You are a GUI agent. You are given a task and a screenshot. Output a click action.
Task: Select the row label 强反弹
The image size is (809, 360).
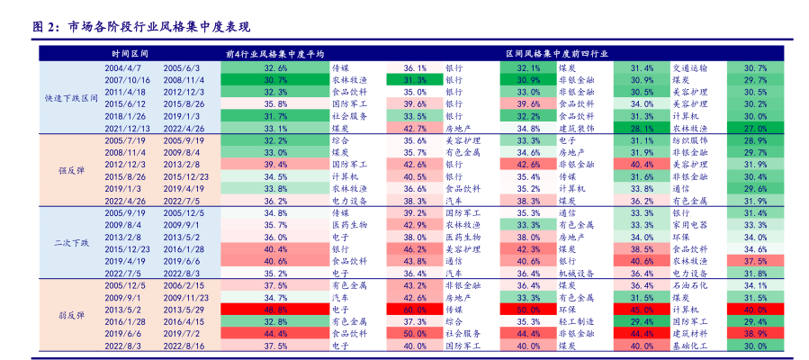(72, 170)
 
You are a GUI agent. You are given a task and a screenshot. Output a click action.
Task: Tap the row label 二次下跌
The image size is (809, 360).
(72, 243)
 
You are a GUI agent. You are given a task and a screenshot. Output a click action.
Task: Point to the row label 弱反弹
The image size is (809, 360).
(72, 315)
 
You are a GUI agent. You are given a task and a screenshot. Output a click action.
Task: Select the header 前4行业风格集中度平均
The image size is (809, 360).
(275, 53)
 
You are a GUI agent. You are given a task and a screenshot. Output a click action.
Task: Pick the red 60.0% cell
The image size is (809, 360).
(414, 309)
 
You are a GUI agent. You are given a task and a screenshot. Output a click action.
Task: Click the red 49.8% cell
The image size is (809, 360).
(275, 309)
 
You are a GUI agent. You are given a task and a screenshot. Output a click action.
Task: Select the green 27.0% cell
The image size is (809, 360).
(755, 129)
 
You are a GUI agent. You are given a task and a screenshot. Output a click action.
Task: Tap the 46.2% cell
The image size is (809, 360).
(414, 248)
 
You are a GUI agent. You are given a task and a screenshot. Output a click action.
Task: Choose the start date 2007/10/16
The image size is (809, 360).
(126, 80)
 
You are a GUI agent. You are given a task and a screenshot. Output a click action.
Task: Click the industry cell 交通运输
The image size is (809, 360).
(689, 67)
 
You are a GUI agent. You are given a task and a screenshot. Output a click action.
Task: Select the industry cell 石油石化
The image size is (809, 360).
(689, 284)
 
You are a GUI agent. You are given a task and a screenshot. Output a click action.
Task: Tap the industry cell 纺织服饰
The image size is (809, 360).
(689, 140)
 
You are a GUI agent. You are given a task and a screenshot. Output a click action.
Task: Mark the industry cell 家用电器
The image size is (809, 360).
(689, 224)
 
